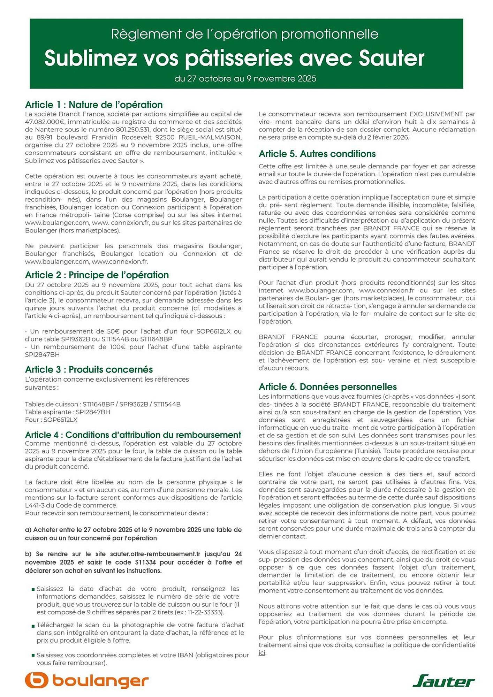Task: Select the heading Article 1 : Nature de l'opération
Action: pyautogui.click(x=94, y=105)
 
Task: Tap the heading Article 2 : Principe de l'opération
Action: pyautogui.click(x=97, y=275)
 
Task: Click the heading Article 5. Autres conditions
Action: pyautogui.click(x=317, y=154)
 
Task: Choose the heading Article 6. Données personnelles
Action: pyautogui.click(x=327, y=386)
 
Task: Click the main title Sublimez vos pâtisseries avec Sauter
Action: pyautogui.click(x=234, y=58)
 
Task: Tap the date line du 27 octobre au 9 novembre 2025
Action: pyautogui.click(x=245, y=78)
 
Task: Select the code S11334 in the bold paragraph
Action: pyautogui.click(x=145, y=562)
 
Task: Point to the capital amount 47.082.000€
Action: pyautogui.click(x=45, y=122)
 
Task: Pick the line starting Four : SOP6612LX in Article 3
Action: pyautogui.click(x=51, y=420)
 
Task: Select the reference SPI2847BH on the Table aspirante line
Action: pyautogui.click(x=93, y=412)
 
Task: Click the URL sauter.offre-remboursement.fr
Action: pyautogui.click(x=155, y=554)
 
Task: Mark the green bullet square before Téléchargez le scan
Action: pyautogui.click(x=33, y=626)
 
